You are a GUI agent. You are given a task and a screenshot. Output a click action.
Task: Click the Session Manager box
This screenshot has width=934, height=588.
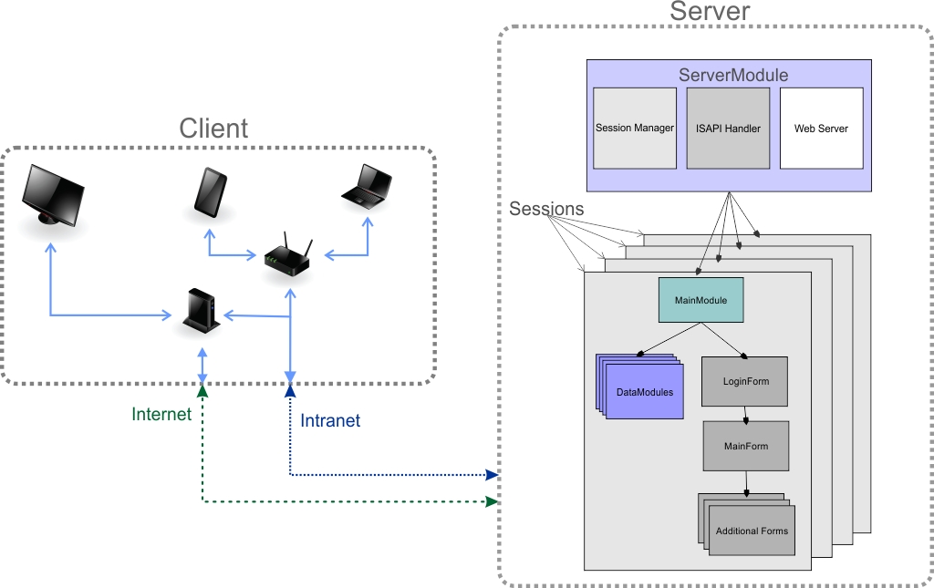pos(634,128)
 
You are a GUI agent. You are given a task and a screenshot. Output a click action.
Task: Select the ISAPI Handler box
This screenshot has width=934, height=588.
pos(728,128)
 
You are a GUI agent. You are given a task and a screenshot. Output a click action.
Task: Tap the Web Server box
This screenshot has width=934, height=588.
pos(821,128)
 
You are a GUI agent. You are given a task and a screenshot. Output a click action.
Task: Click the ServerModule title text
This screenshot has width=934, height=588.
pos(732,75)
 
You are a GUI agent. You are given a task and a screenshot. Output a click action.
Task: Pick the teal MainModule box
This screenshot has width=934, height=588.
pos(700,300)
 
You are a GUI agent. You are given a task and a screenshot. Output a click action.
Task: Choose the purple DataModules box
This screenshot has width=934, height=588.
pos(644,391)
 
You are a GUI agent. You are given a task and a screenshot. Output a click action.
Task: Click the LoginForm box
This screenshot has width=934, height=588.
pos(745,381)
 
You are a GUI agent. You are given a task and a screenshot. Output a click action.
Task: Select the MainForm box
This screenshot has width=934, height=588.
pos(745,446)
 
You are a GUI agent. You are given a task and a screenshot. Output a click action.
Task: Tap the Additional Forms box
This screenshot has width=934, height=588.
pos(752,531)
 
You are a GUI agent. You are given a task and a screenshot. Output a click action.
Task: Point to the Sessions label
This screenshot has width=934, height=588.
pos(546,209)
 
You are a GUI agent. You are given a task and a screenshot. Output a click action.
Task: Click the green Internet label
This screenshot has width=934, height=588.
pos(161,415)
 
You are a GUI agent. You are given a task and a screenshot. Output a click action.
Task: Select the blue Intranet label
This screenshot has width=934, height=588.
pos(330,420)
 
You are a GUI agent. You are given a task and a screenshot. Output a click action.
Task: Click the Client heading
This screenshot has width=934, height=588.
pos(213,129)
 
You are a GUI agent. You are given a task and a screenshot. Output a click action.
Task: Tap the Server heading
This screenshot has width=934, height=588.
pos(710,12)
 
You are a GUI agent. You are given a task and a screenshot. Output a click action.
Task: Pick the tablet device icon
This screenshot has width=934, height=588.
pos(210,192)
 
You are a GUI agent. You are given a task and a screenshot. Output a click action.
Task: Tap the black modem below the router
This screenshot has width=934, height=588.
pos(200,311)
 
